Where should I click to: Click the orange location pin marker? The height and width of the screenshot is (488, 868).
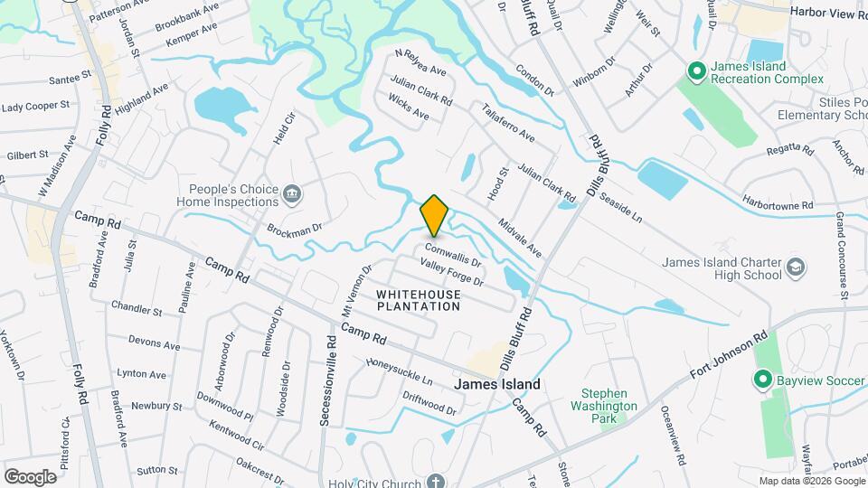[435, 215]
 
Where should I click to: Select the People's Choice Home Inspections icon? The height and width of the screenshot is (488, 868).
[292, 192]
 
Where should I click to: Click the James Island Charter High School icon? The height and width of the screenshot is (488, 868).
[795, 267]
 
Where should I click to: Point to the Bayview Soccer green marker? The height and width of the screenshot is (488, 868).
[762, 380]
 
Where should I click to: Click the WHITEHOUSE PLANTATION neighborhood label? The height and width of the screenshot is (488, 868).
[418, 301]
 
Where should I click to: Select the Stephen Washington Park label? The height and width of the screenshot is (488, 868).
[610, 406]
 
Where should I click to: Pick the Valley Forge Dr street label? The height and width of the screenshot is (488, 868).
[452, 271]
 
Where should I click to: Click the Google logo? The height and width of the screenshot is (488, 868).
[31, 476]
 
